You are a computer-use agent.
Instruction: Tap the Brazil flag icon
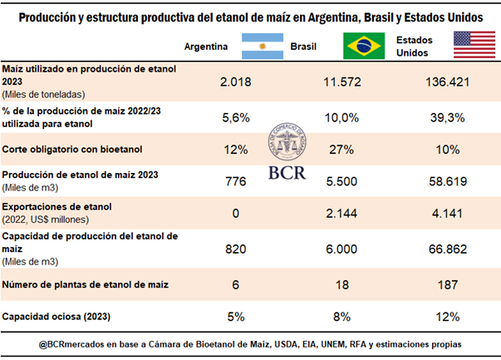pyautogui.click(x=362, y=46)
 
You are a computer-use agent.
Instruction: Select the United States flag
pyautogui.click(x=472, y=46)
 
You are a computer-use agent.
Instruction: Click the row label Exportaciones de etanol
pyautogui.click(x=57, y=206)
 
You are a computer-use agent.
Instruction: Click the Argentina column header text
pyautogui.click(x=206, y=47)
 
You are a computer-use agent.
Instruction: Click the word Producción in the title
pyautogui.click(x=50, y=17)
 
